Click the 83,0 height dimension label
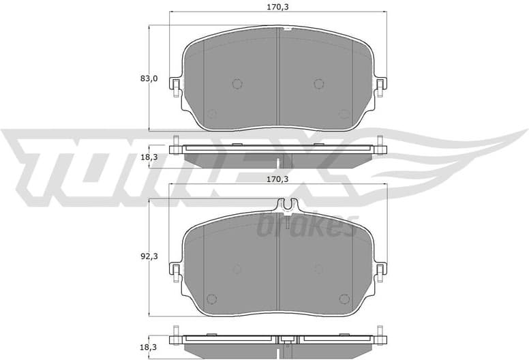click(149, 79)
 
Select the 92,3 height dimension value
click(149, 256)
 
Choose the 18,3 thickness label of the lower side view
click(149, 347)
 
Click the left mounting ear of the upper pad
click(176, 85)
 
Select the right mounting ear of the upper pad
click(380, 85)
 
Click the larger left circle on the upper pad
click(237, 84)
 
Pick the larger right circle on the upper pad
click(318, 84)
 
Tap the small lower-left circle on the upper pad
click(211, 114)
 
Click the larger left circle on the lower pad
click(237, 269)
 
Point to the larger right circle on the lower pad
click(318, 269)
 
